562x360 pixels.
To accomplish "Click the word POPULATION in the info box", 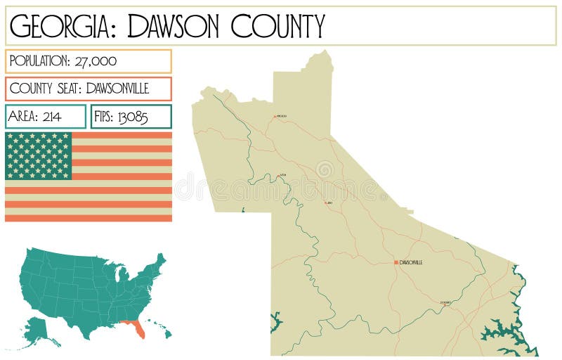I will point(40,61).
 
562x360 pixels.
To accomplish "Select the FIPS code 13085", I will point(132,117).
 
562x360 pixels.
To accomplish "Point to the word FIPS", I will point(103,117).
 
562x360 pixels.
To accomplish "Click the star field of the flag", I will point(39,155).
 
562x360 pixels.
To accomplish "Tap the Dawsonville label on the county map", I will point(411,262).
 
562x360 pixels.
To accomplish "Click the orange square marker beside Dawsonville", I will point(396,262).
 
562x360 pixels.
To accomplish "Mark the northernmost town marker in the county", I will point(275,116).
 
